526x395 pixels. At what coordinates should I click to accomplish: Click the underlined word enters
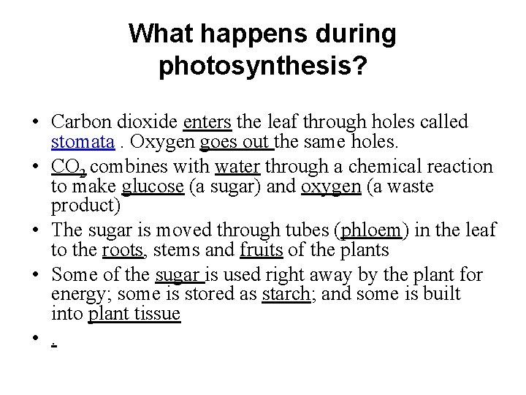[x=207, y=121]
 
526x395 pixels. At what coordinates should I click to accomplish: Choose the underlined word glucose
[x=153, y=187]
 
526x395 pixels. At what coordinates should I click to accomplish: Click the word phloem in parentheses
[x=371, y=230]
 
